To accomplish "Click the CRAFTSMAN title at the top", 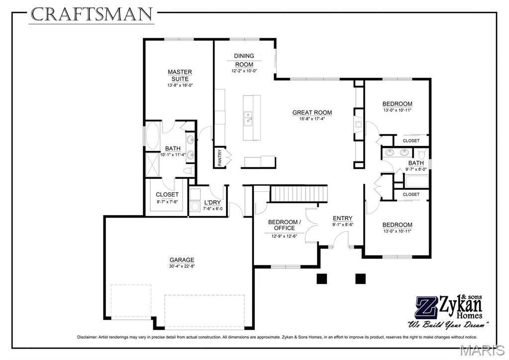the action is pos(92,14).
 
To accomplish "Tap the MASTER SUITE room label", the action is pos(180,75).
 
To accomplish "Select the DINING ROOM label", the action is pos(244,60).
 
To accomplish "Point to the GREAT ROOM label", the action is pos(312,113).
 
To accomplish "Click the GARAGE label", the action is pos(182,260).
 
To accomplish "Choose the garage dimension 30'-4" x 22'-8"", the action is pos(182,266).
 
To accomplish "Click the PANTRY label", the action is pos(220,157).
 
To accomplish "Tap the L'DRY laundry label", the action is pos(212,203).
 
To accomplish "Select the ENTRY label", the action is pos(342,218).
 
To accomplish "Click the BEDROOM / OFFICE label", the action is pos(285,225).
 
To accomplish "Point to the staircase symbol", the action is pos(299,194).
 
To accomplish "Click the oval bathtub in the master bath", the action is pos(153,136).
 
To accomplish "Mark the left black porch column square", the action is pos(322,279).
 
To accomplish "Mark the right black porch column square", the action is pos(360,279).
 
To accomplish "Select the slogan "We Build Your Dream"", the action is pos(448,325).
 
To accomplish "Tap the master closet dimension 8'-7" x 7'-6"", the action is pos(167,202).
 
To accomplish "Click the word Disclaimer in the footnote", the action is pos(87,337).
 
